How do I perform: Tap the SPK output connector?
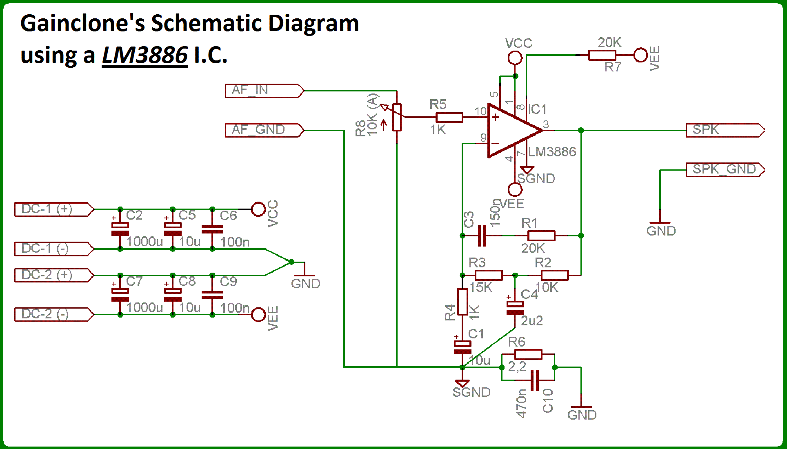pyautogui.click(x=725, y=130)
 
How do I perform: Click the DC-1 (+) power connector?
pyautogui.click(x=53, y=209)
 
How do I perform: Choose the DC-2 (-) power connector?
pyautogui.click(x=53, y=315)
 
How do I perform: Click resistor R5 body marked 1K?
pyautogui.click(x=449, y=118)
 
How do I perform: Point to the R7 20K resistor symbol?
pyautogui.click(x=602, y=55)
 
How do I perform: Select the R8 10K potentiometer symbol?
pyautogui.click(x=397, y=118)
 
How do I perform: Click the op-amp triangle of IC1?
pyautogui.click(x=510, y=131)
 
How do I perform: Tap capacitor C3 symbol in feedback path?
pyautogui.click(x=482, y=236)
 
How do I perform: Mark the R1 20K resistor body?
pyautogui.click(x=541, y=236)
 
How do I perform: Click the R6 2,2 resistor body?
pyautogui.click(x=528, y=355)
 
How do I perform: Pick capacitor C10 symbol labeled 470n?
pyautogui.click(x=535, y=380)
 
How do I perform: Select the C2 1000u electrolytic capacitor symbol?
pyautogui.click(x=120, y=229)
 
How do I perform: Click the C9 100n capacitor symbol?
pyautogui.click(x=212, y=295)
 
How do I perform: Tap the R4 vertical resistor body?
pyautogui.click(x=462, y=302)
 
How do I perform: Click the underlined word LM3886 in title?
pyautogui.click(x=145, y=56)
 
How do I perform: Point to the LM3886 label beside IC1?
pyautogui.click(x=552, y=152)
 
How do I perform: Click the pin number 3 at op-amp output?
pyautogui.click(x=546, y=124)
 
